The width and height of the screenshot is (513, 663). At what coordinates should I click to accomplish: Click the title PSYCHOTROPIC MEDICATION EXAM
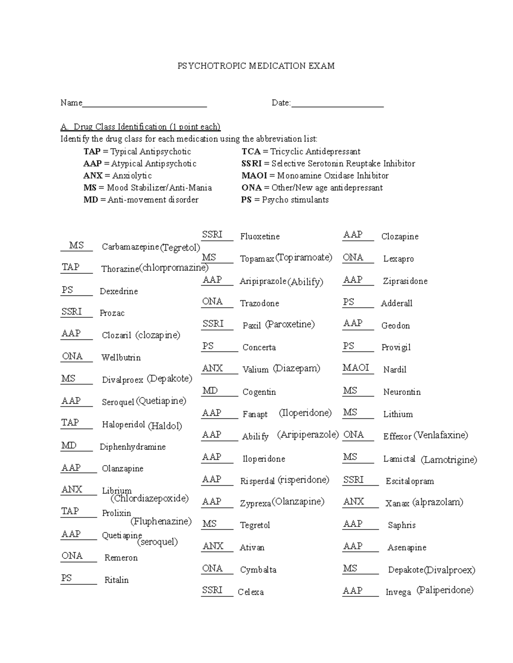(256, 66)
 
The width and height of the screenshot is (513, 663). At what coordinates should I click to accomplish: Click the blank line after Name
(144, 105)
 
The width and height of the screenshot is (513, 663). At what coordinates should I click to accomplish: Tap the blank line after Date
(337, 105)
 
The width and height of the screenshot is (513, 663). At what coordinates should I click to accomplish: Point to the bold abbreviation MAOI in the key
(254, 175)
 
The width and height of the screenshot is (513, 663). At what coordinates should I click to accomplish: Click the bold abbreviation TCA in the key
(251, 152)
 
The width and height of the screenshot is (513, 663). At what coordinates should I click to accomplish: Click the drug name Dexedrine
(118, 291)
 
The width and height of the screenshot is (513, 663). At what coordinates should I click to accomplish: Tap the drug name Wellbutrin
(121, 357)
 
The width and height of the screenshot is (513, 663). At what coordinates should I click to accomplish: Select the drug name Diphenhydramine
(133, 447)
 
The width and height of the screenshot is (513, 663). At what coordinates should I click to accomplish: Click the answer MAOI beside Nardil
(355, 368)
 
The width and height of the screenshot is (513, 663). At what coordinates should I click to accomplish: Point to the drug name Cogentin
(259, 392)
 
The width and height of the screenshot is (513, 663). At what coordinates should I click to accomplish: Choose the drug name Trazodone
(259, 303)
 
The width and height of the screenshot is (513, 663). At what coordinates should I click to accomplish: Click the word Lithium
(398, 414)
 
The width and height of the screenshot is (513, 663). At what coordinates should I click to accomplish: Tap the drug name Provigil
(395, 347)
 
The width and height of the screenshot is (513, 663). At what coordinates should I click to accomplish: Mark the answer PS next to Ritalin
(67, 578)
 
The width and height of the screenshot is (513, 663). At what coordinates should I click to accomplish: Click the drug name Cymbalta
(258, 570)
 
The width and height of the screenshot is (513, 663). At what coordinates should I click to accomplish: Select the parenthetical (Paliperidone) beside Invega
(445, 590)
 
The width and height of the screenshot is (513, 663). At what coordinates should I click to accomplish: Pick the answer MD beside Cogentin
(210, 391)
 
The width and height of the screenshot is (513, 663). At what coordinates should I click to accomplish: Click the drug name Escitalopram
(410, 481)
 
